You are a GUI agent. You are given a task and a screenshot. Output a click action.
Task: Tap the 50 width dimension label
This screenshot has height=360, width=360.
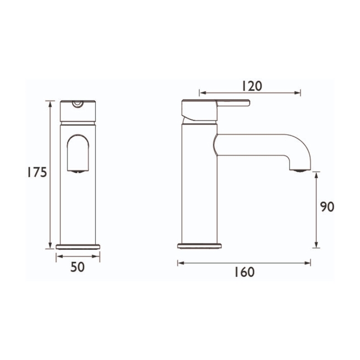pyautogui.click(x=78, y=267)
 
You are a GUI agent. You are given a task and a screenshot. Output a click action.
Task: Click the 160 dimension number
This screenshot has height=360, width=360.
pyautogui.click(x=244, y=272)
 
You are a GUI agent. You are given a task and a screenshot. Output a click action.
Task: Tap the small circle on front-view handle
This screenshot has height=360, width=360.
pyautogui.click(x=78, y=103)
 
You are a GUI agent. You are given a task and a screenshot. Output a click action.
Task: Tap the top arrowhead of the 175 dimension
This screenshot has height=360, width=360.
pyautogui.click(x=50, y=103)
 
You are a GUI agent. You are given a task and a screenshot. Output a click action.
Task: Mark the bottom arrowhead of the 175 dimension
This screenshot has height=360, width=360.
pyautogui.click(x=50, y=245)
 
